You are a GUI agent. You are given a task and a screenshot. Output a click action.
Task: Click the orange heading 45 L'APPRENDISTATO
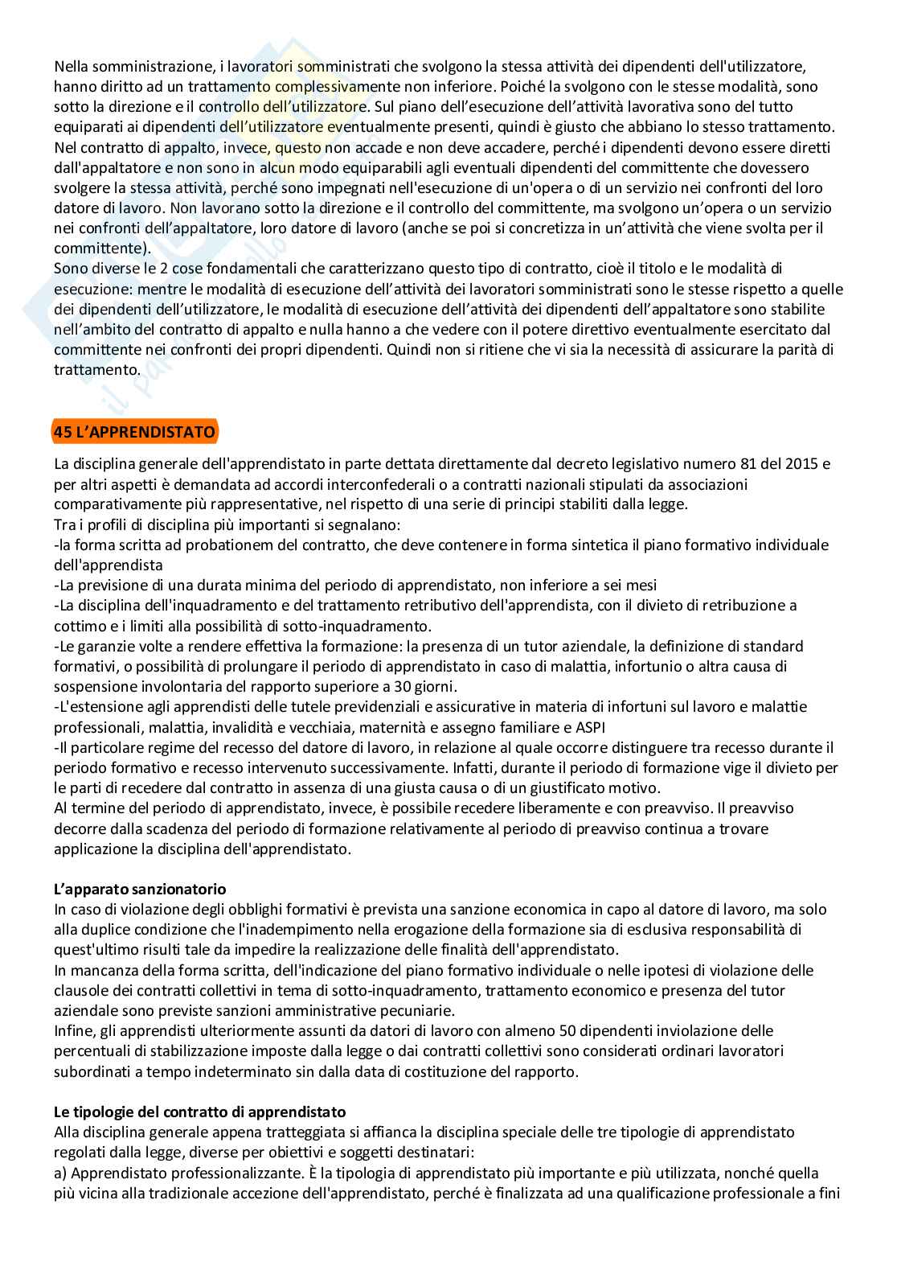[x=134, y=432]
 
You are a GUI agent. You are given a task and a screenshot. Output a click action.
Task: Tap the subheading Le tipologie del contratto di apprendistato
[x=199, y=1112]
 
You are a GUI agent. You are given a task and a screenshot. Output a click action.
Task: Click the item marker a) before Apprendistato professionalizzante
[x=62, y=1173]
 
